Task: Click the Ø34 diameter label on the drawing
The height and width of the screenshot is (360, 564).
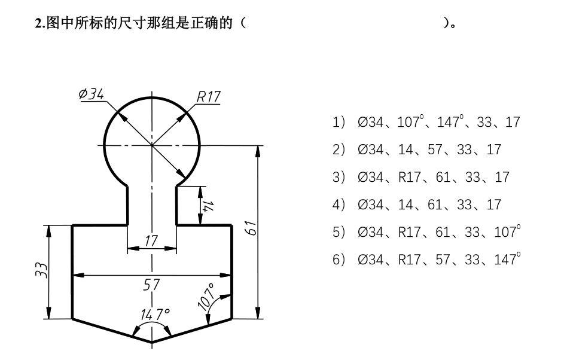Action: tap(92, 94)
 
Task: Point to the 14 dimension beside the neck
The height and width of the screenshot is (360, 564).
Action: tap(208, 205)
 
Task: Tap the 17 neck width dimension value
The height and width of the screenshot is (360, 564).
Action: tap(151, 240)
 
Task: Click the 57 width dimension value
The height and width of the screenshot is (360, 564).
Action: tap(151, 285)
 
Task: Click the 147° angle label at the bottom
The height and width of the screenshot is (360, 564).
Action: tap(155, 314)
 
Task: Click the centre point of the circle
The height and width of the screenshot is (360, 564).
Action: tap(151, 145)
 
